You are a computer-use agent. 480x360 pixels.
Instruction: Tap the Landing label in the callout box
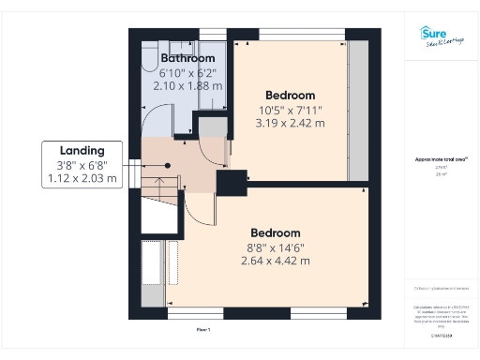(x=82, y=150)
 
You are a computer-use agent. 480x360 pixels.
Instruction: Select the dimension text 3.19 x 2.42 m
(x=292, y=123)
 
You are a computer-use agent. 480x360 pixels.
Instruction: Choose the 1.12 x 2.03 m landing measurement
(x=82, y=178)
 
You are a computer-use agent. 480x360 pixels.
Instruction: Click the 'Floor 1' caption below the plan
(x=203, y=330)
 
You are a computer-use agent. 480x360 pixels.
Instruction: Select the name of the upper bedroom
(x=291, y=95)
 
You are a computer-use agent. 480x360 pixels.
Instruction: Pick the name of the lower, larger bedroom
(x=275, y=232)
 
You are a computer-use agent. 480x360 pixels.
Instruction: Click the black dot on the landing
(x=168, y=165)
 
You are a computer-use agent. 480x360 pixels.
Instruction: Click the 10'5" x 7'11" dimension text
(x=292, y=110)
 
